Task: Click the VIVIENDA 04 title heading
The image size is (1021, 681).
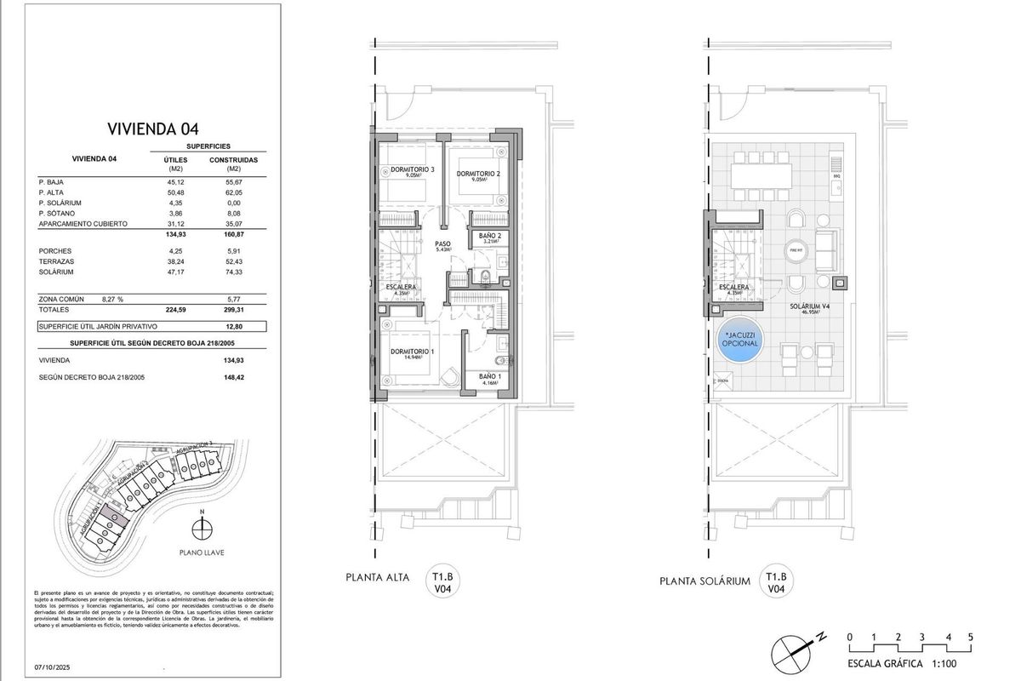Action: [x=152, y=129]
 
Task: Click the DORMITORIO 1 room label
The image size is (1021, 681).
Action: [x=412, y=352]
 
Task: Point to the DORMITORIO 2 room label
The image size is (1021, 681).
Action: [x=477, y=175]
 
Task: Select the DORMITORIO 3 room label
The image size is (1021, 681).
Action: [x=413, y=170]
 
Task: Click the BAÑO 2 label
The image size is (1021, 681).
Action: [x=488, y=236]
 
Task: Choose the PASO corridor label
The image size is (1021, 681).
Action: [x=443, y=243]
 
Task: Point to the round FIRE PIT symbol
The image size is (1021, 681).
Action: [x=796, y=251]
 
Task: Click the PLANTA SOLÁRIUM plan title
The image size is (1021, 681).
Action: [x=704, y=581]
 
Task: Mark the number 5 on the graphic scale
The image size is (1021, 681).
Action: [x=970, y=637]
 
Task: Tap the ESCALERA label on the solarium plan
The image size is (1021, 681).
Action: [x=733, y=288]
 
